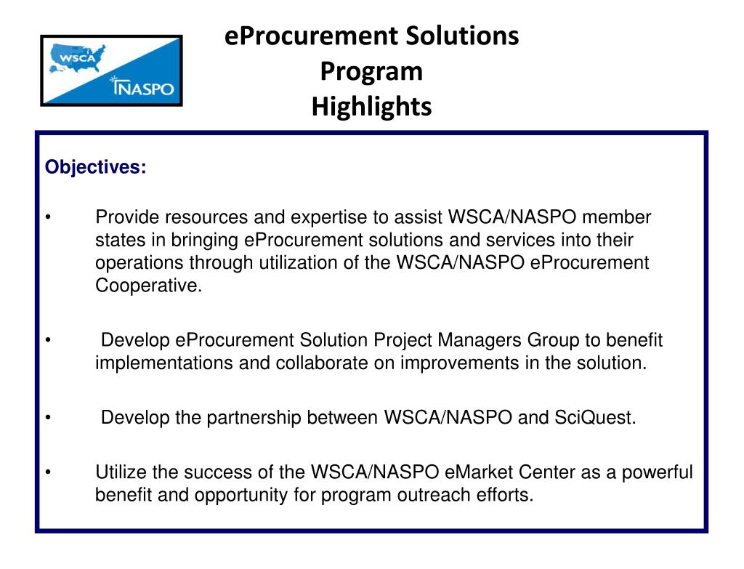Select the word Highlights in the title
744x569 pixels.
pos(371,107)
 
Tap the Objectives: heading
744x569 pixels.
pos(95,167)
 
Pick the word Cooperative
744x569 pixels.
pos(147,286)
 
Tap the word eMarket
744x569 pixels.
pos(479,472)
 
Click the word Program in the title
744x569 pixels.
pos(371,71)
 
